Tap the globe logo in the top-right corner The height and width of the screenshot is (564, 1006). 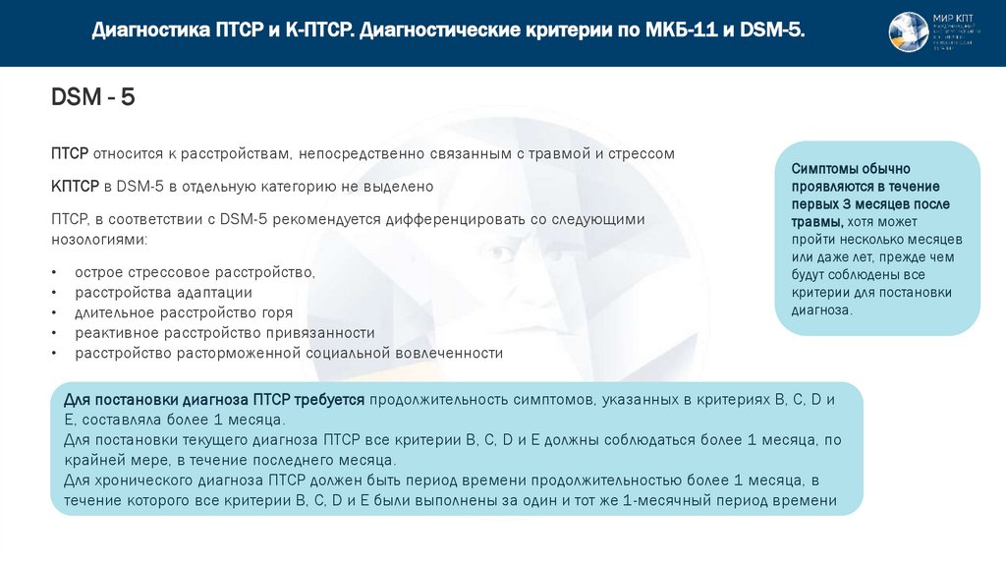coord(908,32)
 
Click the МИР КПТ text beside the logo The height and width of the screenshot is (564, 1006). coord(953,19)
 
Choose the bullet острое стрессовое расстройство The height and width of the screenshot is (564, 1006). coord(196,271)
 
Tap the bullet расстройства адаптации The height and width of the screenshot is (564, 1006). coord(164,292)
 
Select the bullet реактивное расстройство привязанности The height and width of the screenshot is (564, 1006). coord(225,332)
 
